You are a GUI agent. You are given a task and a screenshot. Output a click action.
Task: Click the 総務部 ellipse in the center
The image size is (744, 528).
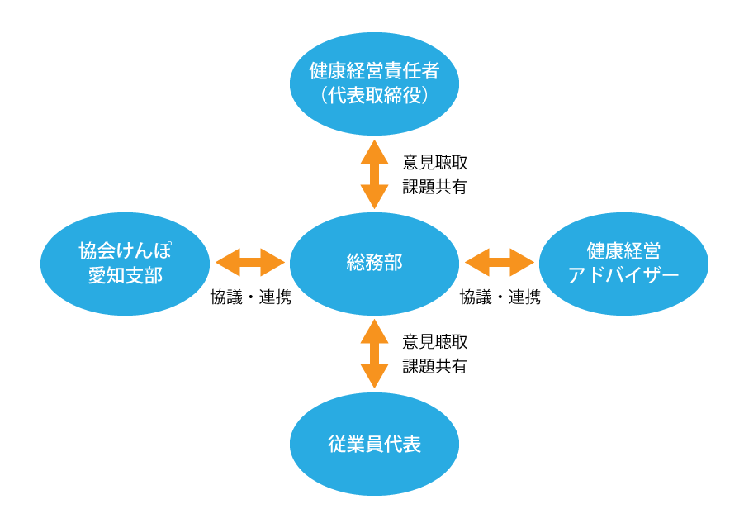tap(374, 264)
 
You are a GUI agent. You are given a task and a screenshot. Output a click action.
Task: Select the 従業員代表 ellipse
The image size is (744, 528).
tap(374, 444)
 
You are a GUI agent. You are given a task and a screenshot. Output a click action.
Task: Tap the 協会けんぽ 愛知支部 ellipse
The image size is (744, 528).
tap(125, 264)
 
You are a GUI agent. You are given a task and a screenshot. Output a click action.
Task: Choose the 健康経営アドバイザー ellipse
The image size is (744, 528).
tap(623, 264)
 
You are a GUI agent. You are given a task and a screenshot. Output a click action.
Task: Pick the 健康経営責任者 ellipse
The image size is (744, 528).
tap(374, 83)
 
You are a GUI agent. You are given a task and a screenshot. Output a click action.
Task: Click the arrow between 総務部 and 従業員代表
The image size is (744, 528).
tap(374, 354)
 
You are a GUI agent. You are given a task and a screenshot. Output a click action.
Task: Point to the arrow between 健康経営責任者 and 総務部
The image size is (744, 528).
tap(374, 174)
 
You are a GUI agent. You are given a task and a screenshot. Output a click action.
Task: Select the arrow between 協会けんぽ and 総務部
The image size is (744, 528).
tap(250, 262)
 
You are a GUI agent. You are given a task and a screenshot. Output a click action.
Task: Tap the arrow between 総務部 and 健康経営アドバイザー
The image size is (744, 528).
tap(499, 262)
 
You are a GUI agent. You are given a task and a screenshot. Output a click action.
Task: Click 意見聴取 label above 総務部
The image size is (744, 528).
tap(434, 162)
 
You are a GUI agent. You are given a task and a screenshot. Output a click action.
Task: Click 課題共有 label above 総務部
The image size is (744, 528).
tap(434, 187)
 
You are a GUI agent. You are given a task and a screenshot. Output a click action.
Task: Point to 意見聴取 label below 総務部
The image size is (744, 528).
tap(434, 341)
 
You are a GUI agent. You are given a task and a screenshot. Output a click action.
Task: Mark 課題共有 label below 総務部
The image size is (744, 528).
tap(434, 366)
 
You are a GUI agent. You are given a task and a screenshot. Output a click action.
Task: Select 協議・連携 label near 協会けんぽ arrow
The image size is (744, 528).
tap(251, 297)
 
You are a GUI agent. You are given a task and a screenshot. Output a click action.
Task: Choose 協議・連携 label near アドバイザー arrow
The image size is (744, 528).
tap(500, 297)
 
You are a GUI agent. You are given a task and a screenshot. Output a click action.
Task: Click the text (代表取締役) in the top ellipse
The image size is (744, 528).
tap(374, 96)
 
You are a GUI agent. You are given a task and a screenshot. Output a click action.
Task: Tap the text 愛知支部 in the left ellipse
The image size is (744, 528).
tap(125, 276)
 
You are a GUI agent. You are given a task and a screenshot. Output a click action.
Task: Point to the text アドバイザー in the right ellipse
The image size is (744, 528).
tap(623, 276)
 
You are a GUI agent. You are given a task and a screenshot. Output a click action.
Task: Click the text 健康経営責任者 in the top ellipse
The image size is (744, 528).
tap(374, 71)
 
